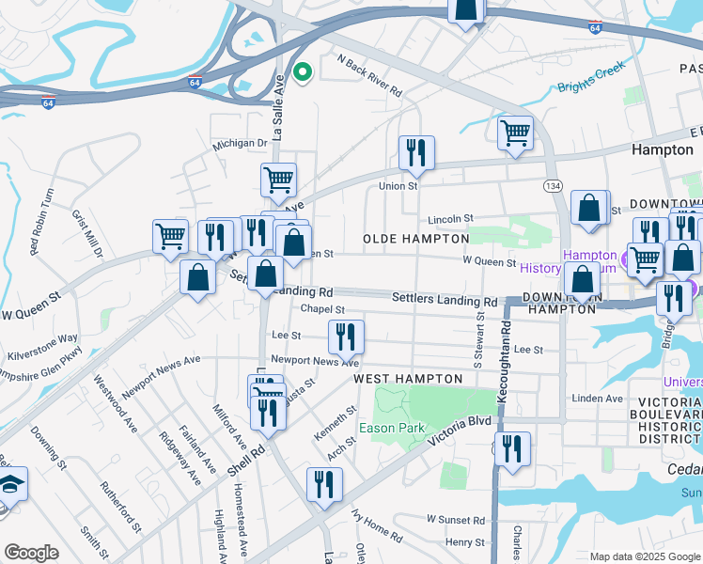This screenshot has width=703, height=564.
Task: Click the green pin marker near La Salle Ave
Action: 303,71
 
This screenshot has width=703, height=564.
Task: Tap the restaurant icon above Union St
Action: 416,152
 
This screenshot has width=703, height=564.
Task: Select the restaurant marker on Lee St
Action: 346,336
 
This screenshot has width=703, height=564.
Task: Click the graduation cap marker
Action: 12,485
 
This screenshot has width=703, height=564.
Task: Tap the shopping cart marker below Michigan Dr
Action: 278,179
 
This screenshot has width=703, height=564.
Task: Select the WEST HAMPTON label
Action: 408,378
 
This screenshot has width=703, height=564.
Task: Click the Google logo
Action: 31,552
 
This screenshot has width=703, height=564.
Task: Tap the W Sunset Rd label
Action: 456,519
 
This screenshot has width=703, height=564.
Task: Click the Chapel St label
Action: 322,309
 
